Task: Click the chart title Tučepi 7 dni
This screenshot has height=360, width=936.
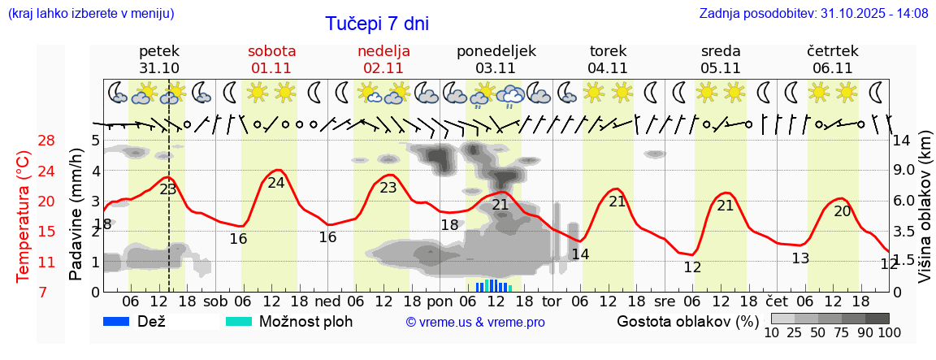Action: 377,24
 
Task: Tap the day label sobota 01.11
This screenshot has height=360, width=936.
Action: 271,59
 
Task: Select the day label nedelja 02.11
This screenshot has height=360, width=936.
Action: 383,59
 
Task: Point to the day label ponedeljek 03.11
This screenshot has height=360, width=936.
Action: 496,59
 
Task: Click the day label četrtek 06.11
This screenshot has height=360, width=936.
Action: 832,59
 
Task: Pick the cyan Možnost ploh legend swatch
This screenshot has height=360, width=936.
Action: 239,321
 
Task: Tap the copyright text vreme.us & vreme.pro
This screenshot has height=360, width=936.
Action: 475,323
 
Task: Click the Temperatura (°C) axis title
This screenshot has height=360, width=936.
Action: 24,216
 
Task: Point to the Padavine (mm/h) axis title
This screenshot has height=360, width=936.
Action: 77,215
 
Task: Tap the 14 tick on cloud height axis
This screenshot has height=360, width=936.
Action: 903,140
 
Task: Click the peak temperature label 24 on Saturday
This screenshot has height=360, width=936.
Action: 276,183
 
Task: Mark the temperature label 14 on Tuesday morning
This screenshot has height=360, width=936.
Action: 580,254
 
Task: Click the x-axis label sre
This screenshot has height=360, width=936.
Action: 665,301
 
